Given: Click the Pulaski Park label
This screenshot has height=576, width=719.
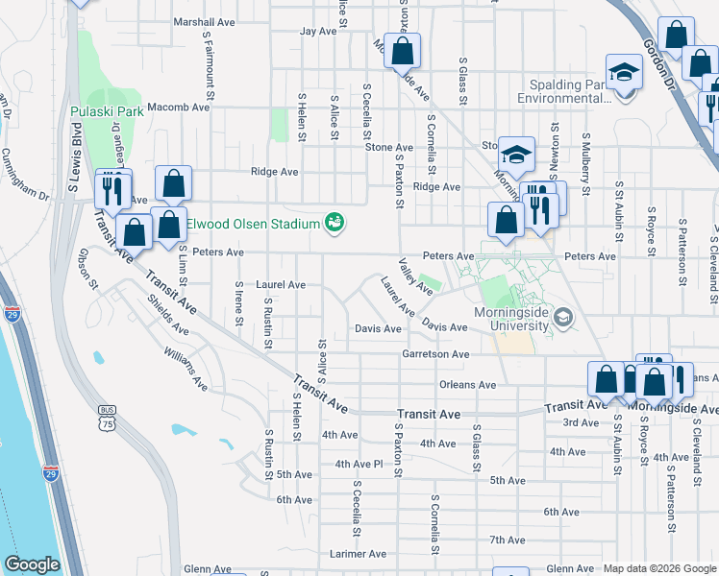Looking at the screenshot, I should (107, 111).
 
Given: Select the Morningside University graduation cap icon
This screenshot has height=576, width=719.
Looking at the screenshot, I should (564, 317).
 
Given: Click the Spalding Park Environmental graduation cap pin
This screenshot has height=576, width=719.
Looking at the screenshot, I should (624, 72).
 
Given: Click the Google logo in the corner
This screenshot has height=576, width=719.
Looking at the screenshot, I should (32, 564).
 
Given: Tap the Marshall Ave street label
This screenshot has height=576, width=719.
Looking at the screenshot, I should (203, 21).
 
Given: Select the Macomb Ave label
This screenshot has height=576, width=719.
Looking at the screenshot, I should (181, 108).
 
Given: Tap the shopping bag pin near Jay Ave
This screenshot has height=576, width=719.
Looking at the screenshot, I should (403, 50).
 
